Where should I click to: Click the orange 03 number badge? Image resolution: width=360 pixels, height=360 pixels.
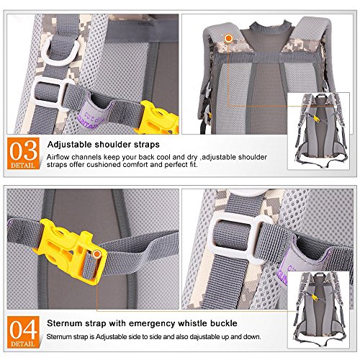coord(23,153)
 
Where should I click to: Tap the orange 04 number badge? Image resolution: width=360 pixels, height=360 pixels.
coord(23,332)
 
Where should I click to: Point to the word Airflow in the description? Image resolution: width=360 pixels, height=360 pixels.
coord(58,157)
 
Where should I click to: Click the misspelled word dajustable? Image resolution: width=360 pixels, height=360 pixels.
coord(205,337)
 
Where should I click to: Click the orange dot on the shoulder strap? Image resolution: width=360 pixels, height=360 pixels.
coord(229,38)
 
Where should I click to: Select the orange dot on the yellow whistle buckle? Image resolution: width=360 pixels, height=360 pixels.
coord(96,254)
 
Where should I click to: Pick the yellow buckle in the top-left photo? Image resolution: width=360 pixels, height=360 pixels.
coord(157,118)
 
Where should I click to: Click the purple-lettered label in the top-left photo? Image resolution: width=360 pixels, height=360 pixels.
coord(91,115)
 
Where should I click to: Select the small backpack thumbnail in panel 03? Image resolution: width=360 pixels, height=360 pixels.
coord(318,131)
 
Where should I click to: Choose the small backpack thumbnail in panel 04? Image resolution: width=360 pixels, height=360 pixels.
coord(318,310)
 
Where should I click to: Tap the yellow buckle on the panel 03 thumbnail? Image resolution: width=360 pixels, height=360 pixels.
coord(316,119)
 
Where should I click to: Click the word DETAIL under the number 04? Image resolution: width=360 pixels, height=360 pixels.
coord(23,343)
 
